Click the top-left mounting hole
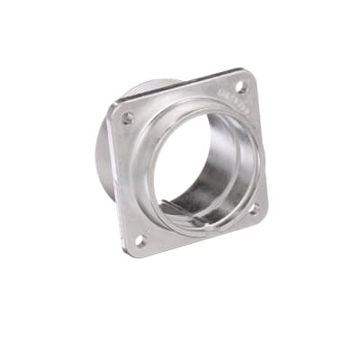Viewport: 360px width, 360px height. [127, 118]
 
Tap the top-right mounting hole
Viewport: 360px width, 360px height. [241, 87]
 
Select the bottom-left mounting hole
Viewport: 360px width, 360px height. [140, 240]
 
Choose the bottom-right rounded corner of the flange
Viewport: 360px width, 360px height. [263, 216]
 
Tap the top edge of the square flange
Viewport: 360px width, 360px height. [180, 87]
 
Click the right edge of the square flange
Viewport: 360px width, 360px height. [261, 148]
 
